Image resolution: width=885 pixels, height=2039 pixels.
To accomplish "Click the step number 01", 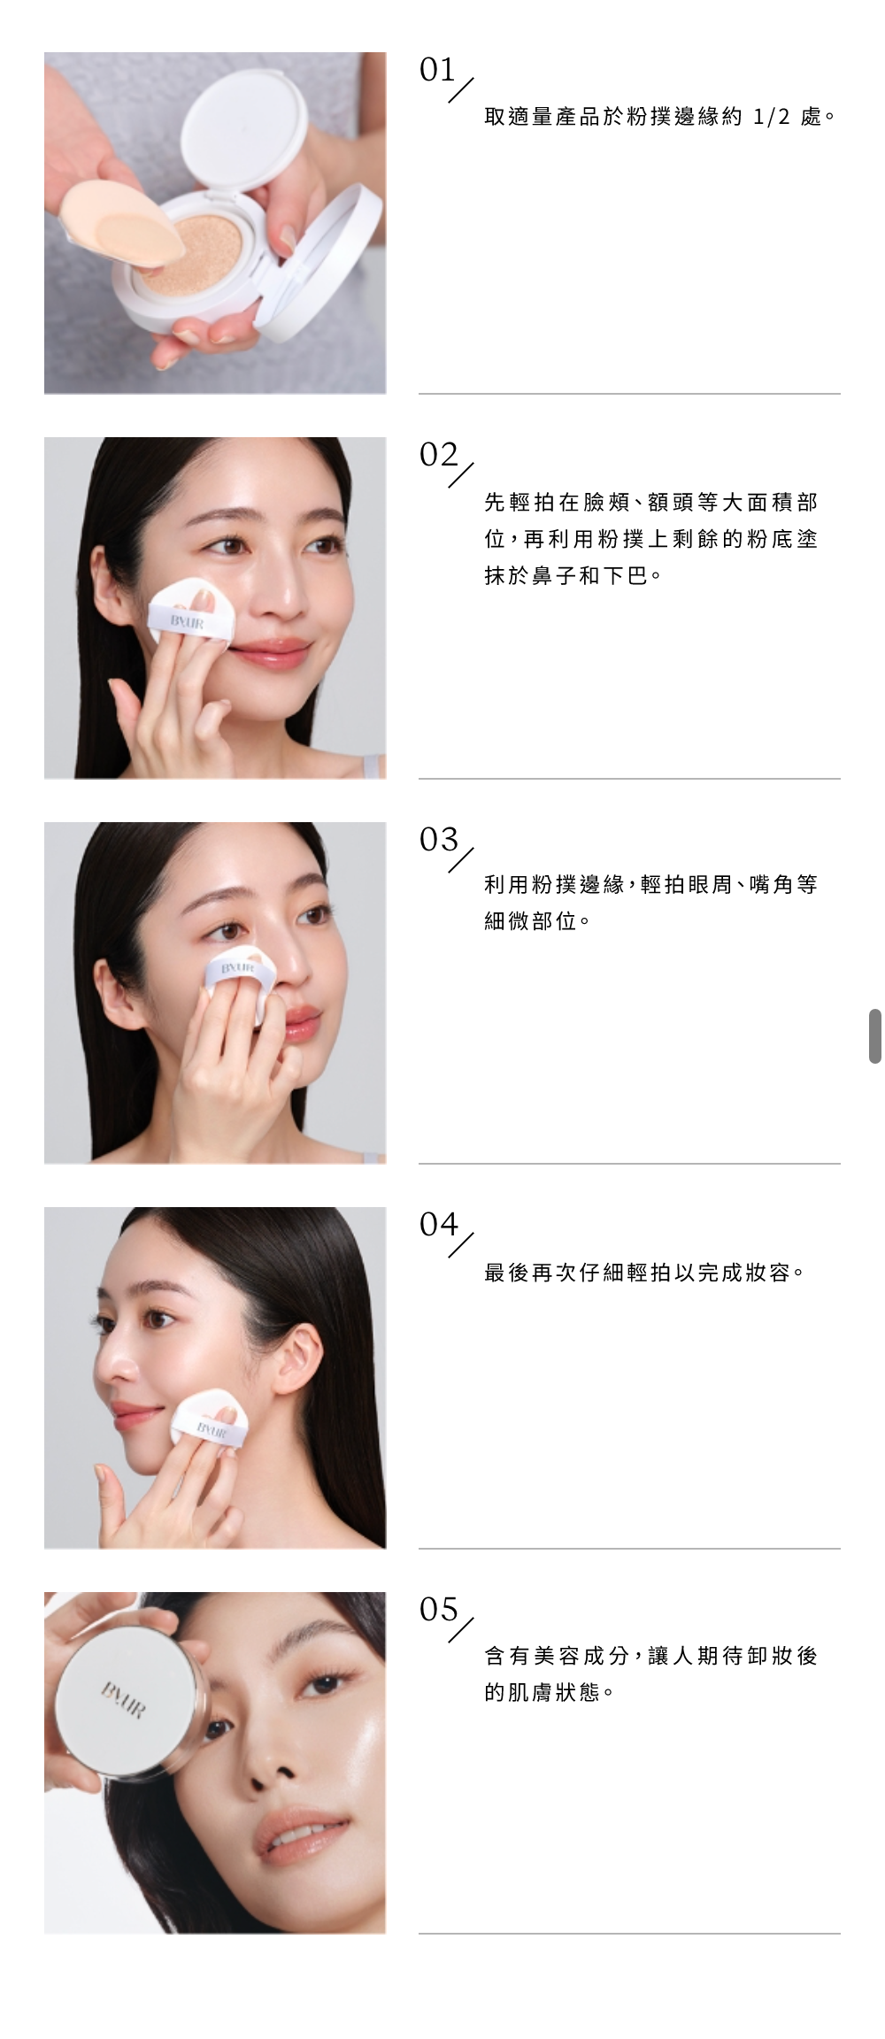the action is [x=438, y=70].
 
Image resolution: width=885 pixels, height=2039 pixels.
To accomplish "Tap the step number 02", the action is [x=439, y=455].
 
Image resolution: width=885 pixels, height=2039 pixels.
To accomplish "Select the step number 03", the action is [x=439, y=840].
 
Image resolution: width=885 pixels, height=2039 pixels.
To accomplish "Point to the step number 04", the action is [x=439, y=1225].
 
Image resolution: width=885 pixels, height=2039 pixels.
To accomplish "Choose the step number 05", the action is [x=439, y=1610].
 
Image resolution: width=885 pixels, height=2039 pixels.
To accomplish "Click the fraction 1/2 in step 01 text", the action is [x=771, y=117].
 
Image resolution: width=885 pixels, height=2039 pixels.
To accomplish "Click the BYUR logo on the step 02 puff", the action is [x=187, y=622].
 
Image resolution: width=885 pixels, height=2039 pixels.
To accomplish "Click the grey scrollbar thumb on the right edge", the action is [x=875, y=1035].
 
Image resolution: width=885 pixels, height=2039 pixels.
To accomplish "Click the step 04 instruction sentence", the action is [x=644, y=1273].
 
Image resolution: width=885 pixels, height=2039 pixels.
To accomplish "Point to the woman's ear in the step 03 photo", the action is [x=112, y=996].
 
